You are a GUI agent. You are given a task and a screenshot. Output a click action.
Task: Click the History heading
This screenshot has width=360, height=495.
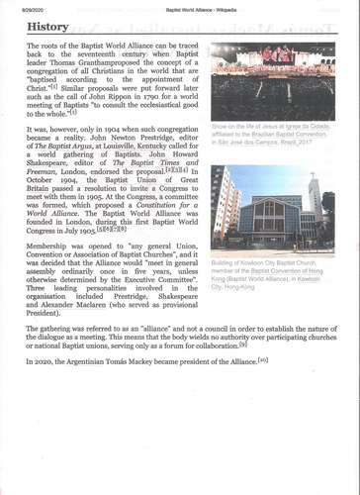(x=48, y=27)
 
